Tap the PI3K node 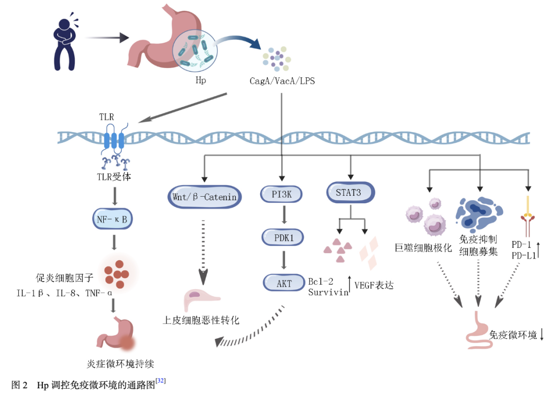pyautogui.click(x=281, y=194)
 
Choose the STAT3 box pyautogui.click(x=350, y=193)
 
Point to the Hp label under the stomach pyautogui.click(x=200, y=80)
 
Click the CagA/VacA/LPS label pyautogui.click(x=282, y=80)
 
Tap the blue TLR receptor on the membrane pyautogui.click(x=114, y=140)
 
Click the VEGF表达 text pyautogui.click(x=374, y=286)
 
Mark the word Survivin pyautogui.click(x=328, y=292)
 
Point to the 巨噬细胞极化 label pyautogui.click(x=423, y=248)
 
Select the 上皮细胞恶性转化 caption pyautogui.click(x=201, y=320)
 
